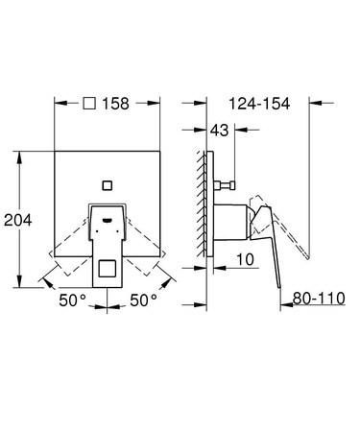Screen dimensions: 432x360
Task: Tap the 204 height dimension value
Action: click(x=19, y=219)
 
